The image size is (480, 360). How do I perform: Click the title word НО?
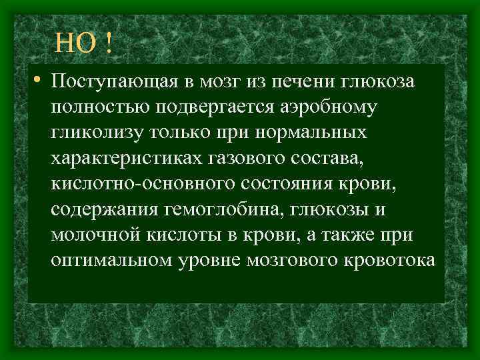coord(73,44)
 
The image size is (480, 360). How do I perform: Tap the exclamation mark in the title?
coord(107,44)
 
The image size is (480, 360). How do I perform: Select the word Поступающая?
coord(114,81)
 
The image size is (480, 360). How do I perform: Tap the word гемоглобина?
coord(220,209)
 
